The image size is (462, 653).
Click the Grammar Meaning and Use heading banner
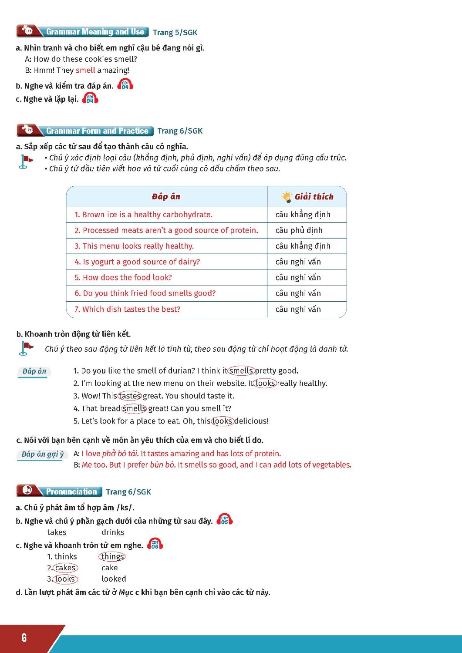83,31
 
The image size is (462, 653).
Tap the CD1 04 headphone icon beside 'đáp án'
125,84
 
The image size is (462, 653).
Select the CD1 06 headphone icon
155,544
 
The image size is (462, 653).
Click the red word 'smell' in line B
85,70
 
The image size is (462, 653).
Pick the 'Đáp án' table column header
166,196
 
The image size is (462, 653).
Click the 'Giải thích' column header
307,196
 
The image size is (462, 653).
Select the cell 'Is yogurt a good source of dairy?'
137,262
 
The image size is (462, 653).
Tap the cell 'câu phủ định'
299,230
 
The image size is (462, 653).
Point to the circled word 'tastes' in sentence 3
130,396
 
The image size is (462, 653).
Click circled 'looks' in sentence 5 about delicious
223,421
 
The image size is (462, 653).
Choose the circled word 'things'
112,556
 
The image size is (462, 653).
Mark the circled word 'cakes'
65,568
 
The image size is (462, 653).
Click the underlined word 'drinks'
113,532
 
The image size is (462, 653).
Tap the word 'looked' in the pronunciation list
114,579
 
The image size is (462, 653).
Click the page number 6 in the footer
24,638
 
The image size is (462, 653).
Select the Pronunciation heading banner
59,491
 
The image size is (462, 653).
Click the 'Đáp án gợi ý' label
42,454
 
